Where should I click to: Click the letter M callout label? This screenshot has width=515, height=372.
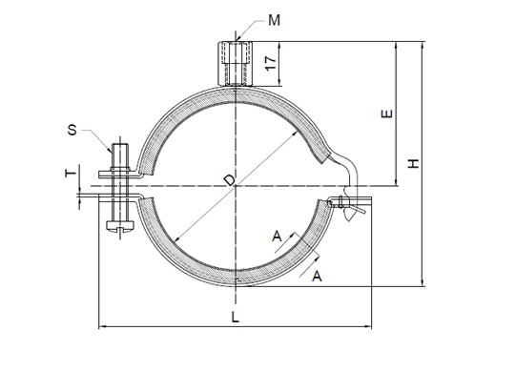click(275, 20)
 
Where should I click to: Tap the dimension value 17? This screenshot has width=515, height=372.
click(271, 63)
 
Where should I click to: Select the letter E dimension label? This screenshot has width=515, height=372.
click(386, 114)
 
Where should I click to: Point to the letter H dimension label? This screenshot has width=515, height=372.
click(414, 163)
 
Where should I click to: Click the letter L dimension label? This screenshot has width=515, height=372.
click(235, 317)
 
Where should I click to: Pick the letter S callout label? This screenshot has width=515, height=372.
click(72, 130)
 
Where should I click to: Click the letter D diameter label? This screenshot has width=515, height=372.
click(230, 180)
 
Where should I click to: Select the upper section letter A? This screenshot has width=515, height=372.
click(277, 237)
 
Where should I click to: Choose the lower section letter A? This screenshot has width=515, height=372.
click(317, 276)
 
